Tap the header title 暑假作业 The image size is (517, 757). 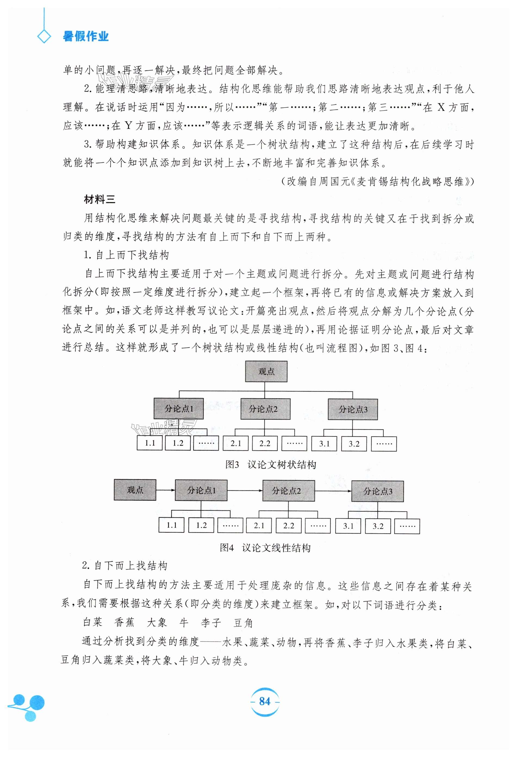tap(86, 36)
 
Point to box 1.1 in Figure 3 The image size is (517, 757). tap(150, 443)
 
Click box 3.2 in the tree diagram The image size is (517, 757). tap(354, 444)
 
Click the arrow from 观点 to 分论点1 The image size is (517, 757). tap(165, 490)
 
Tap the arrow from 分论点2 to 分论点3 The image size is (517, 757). tap(333, 491)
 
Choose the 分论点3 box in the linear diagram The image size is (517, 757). tap(377, 491)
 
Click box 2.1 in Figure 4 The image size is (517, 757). tap(259, 525)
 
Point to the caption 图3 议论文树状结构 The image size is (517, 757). tap(270, 465)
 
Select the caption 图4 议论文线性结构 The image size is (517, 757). tap(265, 548)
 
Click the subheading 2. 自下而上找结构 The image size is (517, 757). tap(125, 566)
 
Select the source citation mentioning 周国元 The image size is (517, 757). tap(377, 181)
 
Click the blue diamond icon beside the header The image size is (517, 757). tap(44, 36)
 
